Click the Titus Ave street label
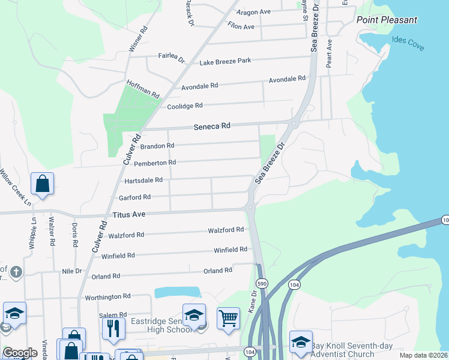[x=130, y=214]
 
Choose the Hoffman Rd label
[x=142, y=89]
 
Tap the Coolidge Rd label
[x=185, y=106]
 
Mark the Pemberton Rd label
[x=155, y=163]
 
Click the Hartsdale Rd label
[x=143, y=180]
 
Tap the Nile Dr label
[x=71, y=271]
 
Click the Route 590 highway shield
[x=261, y=283]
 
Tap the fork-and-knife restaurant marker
[x=113, y=327]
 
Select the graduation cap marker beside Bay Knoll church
[x=301, y=341]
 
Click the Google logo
[x=20, y=353]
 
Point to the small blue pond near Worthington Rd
[x=177, y=292]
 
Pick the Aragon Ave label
[x=253, y=12]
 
